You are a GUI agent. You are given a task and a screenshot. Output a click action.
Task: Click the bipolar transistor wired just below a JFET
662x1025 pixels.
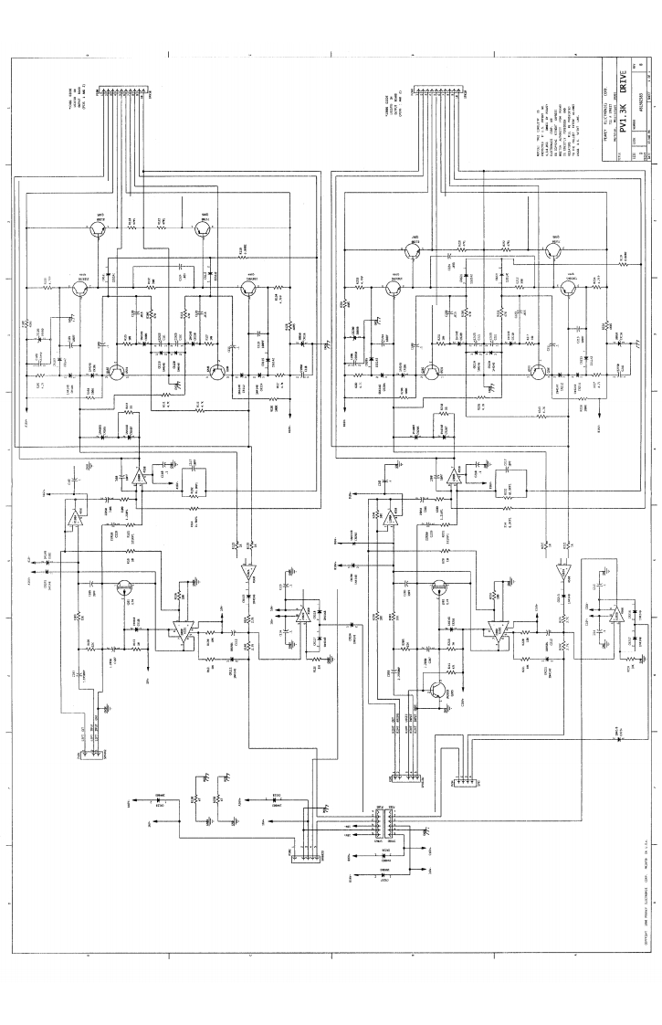439,691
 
